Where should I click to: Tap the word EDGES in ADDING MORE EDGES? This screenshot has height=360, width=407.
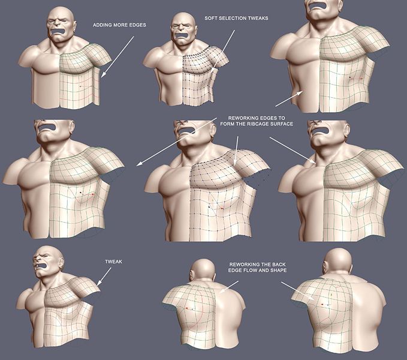pos(138,25)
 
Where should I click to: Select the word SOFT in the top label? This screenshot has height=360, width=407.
pos(210,18)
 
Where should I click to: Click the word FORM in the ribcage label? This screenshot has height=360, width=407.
pos(227,124)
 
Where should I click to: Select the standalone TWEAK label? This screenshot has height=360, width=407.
pos(113,262)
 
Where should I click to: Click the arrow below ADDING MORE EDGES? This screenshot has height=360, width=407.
pos(117,56)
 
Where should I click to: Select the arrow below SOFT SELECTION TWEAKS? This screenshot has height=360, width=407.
pos(223,51)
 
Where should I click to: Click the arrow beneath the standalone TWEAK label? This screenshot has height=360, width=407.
pos(104,277)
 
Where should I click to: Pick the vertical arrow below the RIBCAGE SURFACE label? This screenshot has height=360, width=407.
pos(236,151)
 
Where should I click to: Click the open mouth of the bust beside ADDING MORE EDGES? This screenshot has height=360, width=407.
pos(58,32)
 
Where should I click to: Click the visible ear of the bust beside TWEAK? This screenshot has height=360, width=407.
pos(61,263)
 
